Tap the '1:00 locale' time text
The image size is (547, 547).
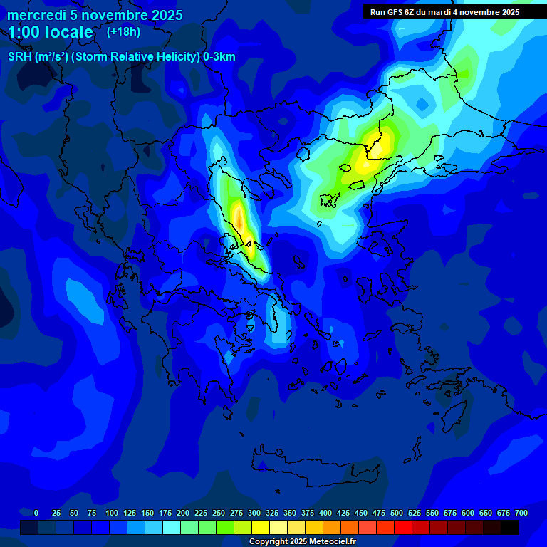(50, 32)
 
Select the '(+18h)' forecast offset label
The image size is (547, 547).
(123, 31)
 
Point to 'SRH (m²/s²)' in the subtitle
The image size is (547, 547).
(38, 57)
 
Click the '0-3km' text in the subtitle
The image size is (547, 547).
(219, 57)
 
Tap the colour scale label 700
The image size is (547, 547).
(521, 513)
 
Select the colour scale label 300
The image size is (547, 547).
(254, 513)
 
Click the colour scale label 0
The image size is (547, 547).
(36, 513)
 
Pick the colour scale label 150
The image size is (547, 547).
(147, 513)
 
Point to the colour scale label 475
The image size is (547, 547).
(379, 513)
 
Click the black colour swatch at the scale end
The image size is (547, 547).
(510, 527)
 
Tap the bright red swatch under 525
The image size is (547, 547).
(403, 527)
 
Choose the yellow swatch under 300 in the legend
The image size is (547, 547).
(261, 527)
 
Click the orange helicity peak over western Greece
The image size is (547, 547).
(239, 221)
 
